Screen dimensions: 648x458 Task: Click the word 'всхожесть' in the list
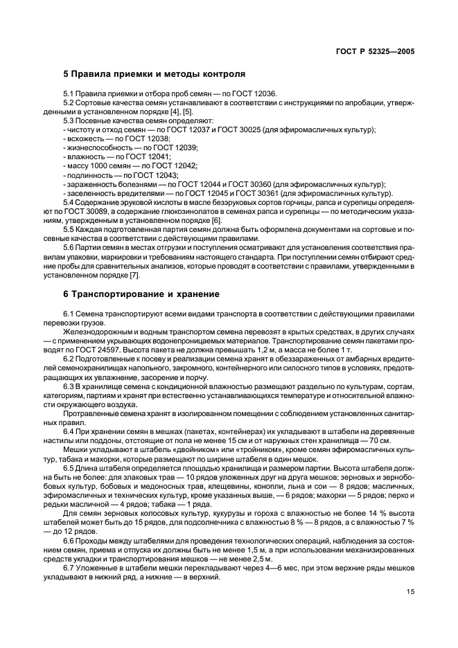click(x=85, y=138)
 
